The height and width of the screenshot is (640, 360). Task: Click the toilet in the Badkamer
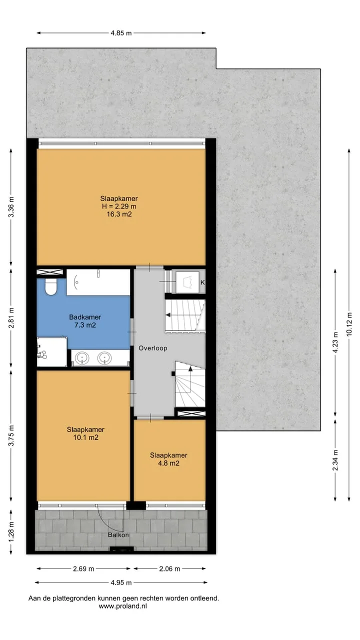[x=51, y=286]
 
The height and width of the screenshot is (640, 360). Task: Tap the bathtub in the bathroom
[x=98, y=282]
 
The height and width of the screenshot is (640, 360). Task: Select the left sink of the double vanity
[x=82, y=358]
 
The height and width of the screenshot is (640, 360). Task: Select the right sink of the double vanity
[x=104, y=358]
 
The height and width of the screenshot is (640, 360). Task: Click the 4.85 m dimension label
[x=121, y=33]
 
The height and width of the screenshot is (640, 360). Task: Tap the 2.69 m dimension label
[x=83, y=569]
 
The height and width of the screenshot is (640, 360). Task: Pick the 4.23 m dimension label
[x=335, y=342]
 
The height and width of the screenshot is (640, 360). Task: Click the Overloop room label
[x=153, y=348]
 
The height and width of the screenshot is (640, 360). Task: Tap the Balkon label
[x=118, y=535]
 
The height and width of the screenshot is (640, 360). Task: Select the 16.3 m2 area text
[x=119, y=214]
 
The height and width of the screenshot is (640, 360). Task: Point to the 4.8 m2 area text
[x=168, y=463]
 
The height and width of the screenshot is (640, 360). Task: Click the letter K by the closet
[x=202, y=282]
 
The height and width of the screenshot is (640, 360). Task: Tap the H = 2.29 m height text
[x=119, y=206]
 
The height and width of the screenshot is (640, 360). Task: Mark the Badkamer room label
[x=85, y=317]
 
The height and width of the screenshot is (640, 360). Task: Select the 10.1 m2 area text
[x=85, y=437]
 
